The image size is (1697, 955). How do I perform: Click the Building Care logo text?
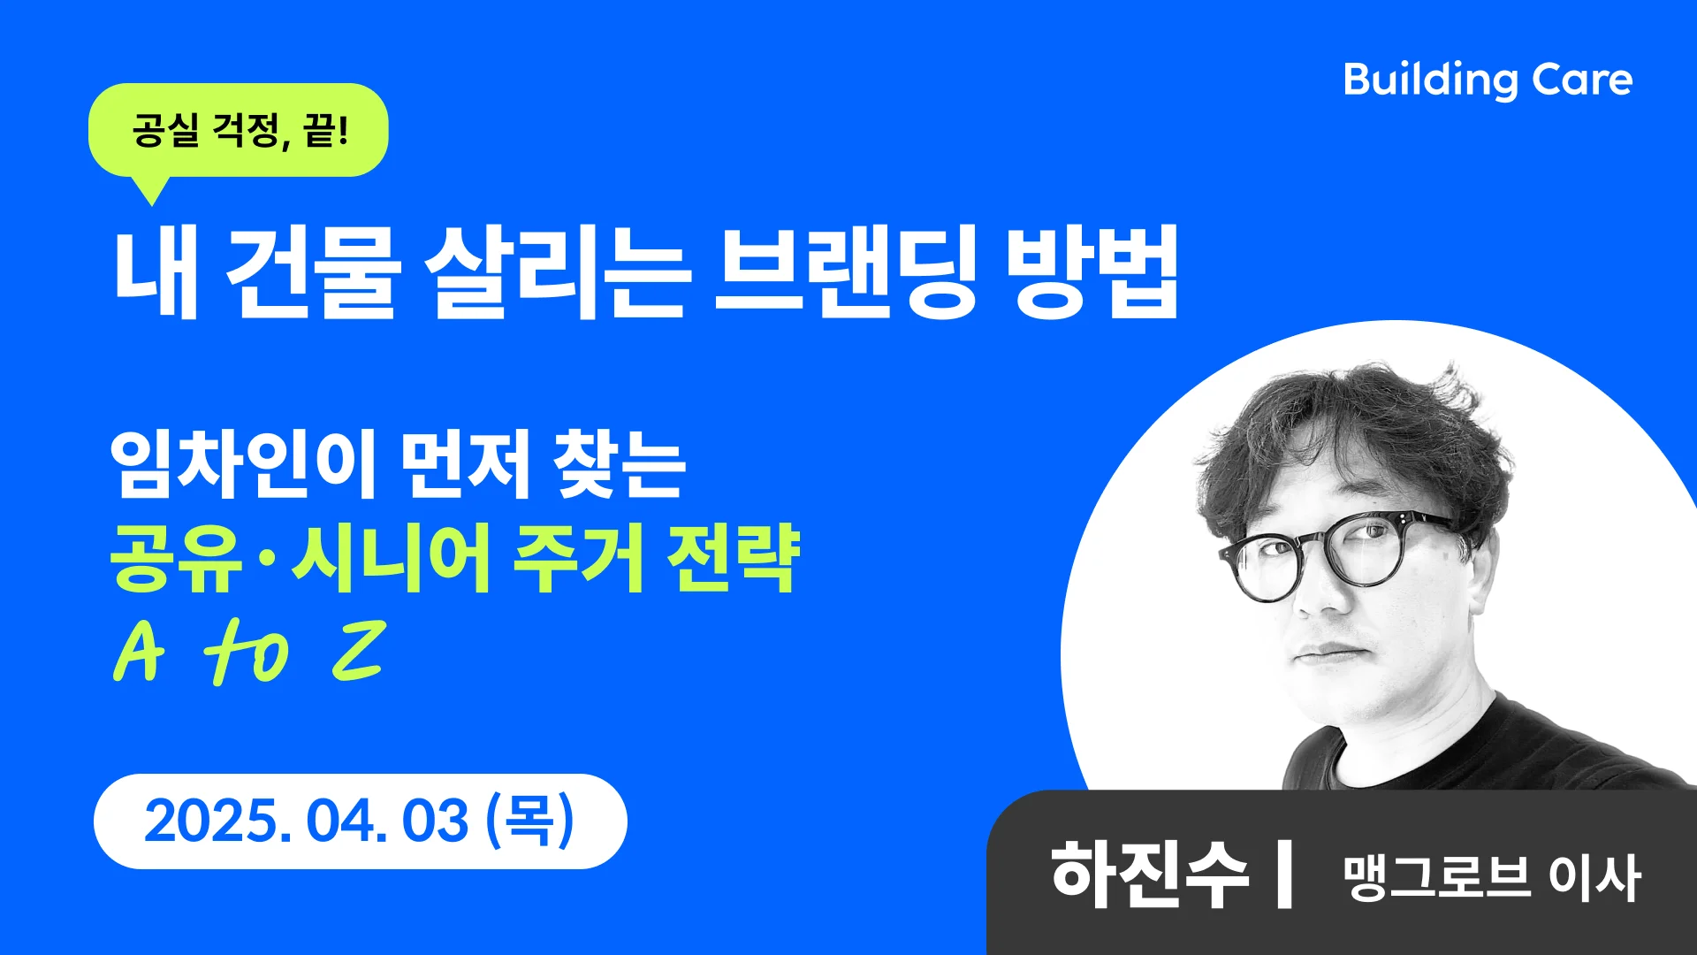click(1488, 80)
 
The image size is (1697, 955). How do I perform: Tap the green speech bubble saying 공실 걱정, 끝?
click(239, 130)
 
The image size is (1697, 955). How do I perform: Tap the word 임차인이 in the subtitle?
click(244, 463)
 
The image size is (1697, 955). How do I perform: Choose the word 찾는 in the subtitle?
click(619, 463)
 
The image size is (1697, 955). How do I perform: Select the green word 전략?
click(734, 559)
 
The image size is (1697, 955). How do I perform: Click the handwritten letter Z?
click(359, 651)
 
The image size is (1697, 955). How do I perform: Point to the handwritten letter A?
click(140, 653)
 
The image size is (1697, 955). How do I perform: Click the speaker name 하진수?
click(1149, 875)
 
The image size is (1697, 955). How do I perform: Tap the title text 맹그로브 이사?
click(1492, 877)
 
